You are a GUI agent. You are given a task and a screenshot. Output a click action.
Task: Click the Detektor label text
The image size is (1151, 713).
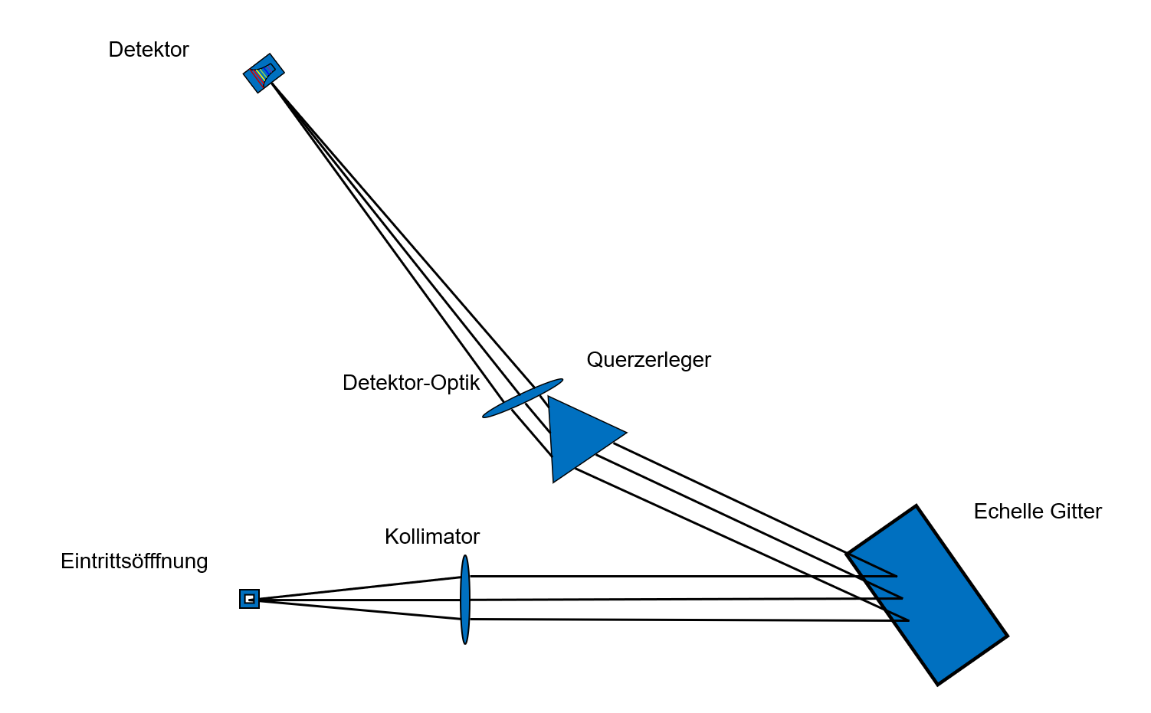(149, 50)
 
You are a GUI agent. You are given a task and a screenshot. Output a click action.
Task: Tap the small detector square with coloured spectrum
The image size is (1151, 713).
(264, 74)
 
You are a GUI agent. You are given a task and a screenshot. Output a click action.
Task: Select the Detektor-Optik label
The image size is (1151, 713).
(411, 383)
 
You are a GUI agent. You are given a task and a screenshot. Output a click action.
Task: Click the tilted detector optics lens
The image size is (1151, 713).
(522, 398)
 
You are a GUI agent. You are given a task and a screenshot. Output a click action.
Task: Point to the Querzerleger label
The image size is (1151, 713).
(648, 360)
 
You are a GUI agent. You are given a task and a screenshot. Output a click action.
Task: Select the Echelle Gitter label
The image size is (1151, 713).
(1037, 512)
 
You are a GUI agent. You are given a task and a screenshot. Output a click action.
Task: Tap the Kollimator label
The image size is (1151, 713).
(432, 537)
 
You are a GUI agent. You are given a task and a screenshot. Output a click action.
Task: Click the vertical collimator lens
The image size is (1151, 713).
(465, 600)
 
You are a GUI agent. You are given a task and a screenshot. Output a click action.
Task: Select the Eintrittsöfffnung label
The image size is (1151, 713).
(134, 561)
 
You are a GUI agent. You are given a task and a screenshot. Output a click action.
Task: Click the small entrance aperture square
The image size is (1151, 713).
(249, 599)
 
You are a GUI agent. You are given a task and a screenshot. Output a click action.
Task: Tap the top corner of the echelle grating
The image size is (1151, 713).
(916, 506)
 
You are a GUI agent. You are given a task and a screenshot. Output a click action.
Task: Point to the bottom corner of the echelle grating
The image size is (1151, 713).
(937, 683)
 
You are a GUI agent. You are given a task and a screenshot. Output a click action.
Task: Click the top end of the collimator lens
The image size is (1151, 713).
(465, 558)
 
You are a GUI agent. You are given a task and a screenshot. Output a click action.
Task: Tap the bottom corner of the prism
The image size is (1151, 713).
(554, 480)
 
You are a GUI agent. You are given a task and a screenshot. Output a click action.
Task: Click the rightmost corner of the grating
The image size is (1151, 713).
(1006, 636)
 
